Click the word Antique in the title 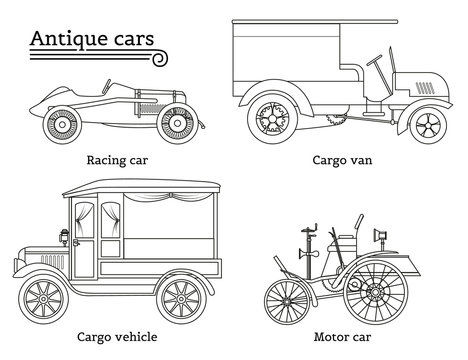(67, 39)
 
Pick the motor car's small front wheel (288, 296)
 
